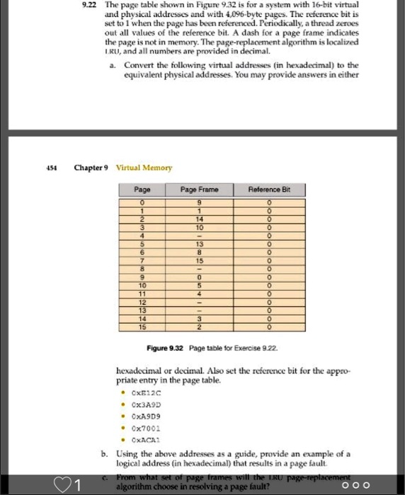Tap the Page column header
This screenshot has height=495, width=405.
142,190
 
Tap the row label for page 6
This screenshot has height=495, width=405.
142,252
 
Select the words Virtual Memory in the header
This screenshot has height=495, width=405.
144,168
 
